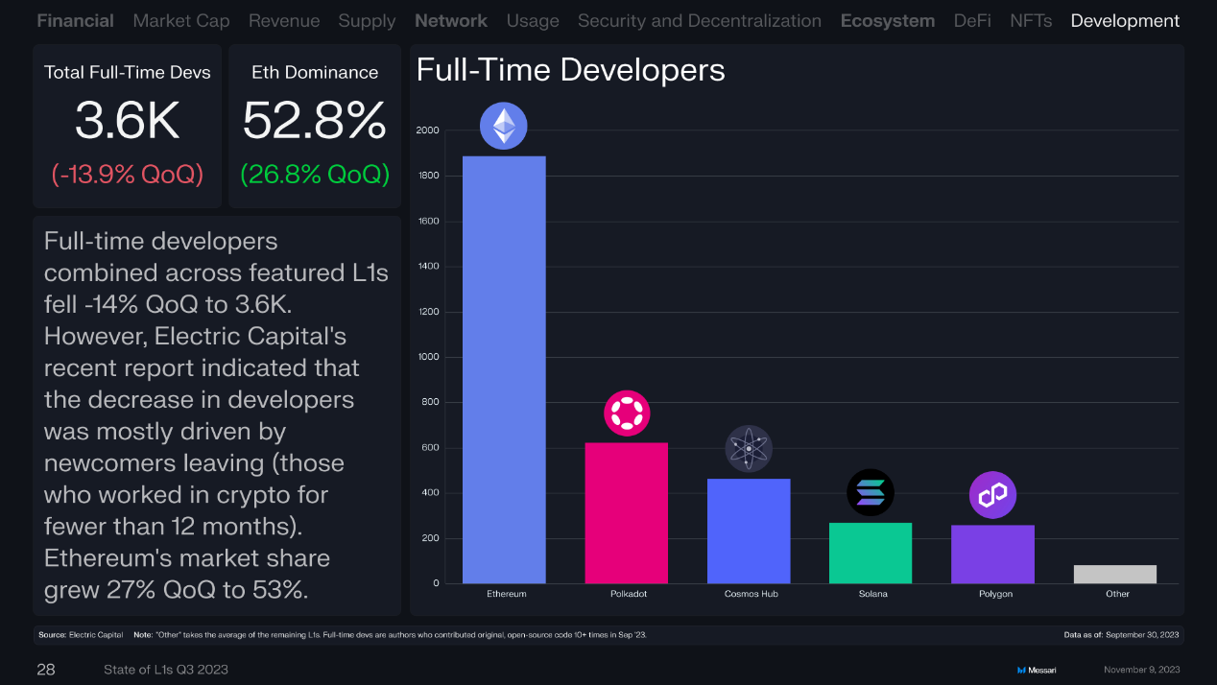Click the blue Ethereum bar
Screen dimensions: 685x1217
pyautogui.click(x=504, y=369)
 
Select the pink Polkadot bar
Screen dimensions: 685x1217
pyautogui.click(x=626, y=512)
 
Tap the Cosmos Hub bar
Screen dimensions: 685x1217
pyautogui.click(x=749, y=531)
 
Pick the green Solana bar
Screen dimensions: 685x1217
pyautogui.click(x=871, y=553)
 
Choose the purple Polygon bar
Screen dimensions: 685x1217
pyautogui.click(x=992, y=554)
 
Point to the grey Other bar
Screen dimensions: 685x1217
pyautogui.click(x=1115, y=574)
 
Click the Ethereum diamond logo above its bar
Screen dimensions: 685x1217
pyautogui.click(x=504, y=126)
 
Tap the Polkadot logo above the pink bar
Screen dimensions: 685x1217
pyautogui.click(x=627, y=413)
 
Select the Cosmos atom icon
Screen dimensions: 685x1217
pyautogui.click(x=749, y=448)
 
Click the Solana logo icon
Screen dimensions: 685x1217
pyautogui.click(x=871, y=493)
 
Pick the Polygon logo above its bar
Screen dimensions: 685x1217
pyautogui.click(x=992, y=495)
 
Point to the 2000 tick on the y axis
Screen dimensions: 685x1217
pyautogui.click(x=428, y=130)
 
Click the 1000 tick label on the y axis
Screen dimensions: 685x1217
pyautogui.click(x=428, y=357)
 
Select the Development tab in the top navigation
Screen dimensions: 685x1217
pyautogui.click(x=1125, y=20)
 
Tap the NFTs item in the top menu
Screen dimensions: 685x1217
pyautogui.click(x=1031, y=20)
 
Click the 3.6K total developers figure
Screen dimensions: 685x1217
pyautogui.click(x=128, y=122)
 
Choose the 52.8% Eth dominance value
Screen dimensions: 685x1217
pyautogui.click(x=315, y=122)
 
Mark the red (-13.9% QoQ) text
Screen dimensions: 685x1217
pyautogui.click(x=128, y=175)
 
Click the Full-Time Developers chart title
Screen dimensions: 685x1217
pyautogui.click(x=570, y=70)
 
